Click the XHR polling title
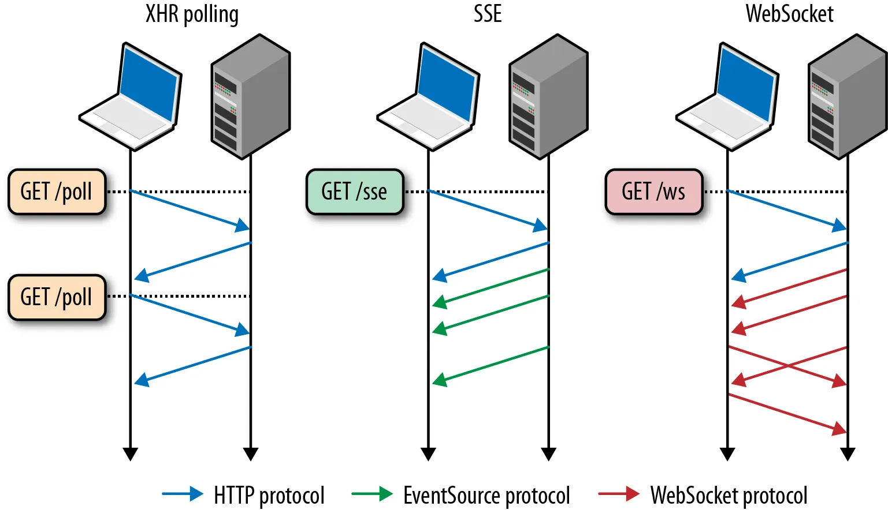click(x=192, y=14)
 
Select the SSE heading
click(x=488, y=14)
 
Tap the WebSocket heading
click(x=789, y=14)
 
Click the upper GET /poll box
click(x=57, y=192)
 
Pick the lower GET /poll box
click(x=57, y=297)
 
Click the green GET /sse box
click(x=354, y=192)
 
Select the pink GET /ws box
click(x=653, y=192)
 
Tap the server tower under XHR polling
click(x=250, y=96)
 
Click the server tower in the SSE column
click(x=548, y=96)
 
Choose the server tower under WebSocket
click(x=846, y=96)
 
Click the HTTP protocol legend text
click(x=269, y=496)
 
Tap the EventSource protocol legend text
click(x=486, y=496)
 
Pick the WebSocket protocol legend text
click(x=729, y=496)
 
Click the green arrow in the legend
click(x=372, y=494)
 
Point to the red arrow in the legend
click(x=619, y=494)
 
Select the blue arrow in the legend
click(x=183, y=494)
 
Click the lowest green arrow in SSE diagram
click(x=491, y=364)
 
